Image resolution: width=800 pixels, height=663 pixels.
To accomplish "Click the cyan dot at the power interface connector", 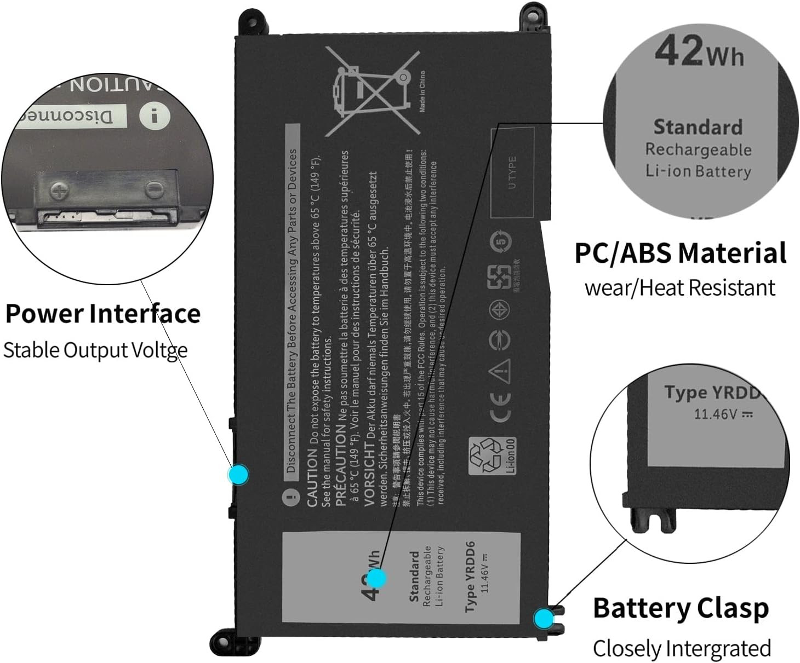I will click(239, 474).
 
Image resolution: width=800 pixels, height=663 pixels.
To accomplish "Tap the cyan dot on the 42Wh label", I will click(376, 578).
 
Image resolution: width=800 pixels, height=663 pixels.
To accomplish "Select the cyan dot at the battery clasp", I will click(544, 619).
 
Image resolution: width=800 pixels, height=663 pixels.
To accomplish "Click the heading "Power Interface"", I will click(103, 314).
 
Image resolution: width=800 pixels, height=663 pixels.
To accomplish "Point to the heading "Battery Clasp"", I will click(681, 608).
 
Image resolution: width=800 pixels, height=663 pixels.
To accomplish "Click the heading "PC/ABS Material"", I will click(681, 253).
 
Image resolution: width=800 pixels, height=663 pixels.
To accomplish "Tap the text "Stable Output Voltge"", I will click(95, 350).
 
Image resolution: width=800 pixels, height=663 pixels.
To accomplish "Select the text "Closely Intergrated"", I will click(682, 648).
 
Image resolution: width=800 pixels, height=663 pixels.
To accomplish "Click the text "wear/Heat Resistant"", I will click(680, 287).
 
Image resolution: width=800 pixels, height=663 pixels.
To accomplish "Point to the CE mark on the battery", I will click(500, 407).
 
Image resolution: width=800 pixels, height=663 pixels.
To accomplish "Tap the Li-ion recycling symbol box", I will click(492, 456).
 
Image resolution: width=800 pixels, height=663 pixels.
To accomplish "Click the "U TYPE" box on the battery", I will click(512, 173).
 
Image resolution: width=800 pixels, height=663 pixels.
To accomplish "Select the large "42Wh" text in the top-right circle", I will click(699, 51).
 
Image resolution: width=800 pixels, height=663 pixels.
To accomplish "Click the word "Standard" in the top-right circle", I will click(698, 127).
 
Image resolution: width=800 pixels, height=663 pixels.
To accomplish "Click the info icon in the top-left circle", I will click(155, 116).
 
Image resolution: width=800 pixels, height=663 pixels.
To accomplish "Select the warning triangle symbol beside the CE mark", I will click(500, 371).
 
